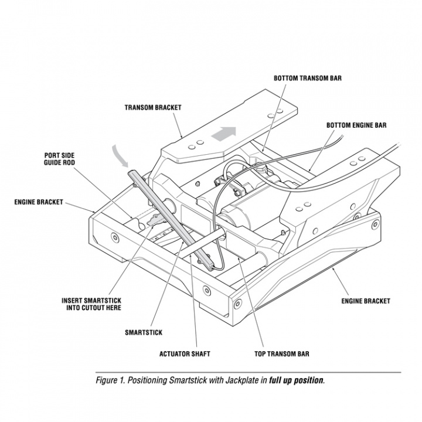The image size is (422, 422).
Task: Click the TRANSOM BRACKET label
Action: coord(152,108)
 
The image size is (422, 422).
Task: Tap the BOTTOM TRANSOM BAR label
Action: coord(308,77)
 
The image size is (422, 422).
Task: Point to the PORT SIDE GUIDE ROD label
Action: coord(59,159)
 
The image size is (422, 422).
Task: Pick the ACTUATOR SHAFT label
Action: coord(185,354)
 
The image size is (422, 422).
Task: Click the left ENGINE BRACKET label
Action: coord(39,202)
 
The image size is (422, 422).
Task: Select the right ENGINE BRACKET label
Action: coord(366,301)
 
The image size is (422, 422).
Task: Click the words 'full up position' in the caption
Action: coord(296,380)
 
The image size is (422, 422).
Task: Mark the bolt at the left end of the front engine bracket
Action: coord(113,237)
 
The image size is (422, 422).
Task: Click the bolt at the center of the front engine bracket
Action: coord(206,289)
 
